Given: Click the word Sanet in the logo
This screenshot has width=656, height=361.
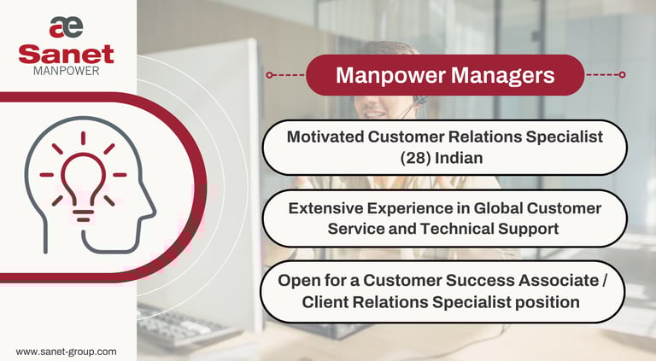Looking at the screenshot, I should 66,54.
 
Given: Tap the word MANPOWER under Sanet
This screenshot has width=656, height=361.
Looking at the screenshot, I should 66,71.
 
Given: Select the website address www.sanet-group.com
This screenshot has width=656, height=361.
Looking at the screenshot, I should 66,351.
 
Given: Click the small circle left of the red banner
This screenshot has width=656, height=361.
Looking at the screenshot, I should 270,75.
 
